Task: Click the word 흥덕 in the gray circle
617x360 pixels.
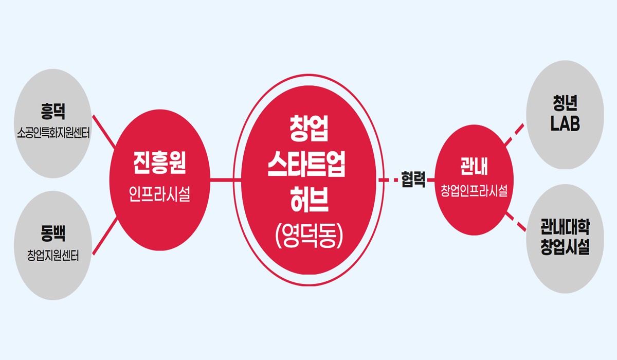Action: point(53,112)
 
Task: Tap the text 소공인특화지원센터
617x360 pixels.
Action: point(53,133)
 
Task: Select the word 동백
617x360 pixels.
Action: point(53,233)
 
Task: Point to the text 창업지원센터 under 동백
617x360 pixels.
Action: point(53,255)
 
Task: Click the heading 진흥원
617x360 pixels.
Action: point(160,163)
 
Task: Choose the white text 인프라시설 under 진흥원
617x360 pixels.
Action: point(160,194)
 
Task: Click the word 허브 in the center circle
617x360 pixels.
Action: point(309,199)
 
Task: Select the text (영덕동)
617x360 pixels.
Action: point(309,235)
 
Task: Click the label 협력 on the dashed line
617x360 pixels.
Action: point(413,179)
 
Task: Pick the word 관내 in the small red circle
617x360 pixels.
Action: point(474,166)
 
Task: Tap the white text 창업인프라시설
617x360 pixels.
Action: point(474,191)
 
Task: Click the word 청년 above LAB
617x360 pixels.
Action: point(565,103)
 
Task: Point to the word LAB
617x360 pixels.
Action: point(565,123)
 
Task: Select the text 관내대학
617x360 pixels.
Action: point(565,227)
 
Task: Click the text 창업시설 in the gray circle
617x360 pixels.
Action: point(565,247)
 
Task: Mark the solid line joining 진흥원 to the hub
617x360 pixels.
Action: point(226,180)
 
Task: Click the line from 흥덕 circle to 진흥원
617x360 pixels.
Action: point(104,131)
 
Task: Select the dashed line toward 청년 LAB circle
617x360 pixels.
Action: point(514,134)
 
